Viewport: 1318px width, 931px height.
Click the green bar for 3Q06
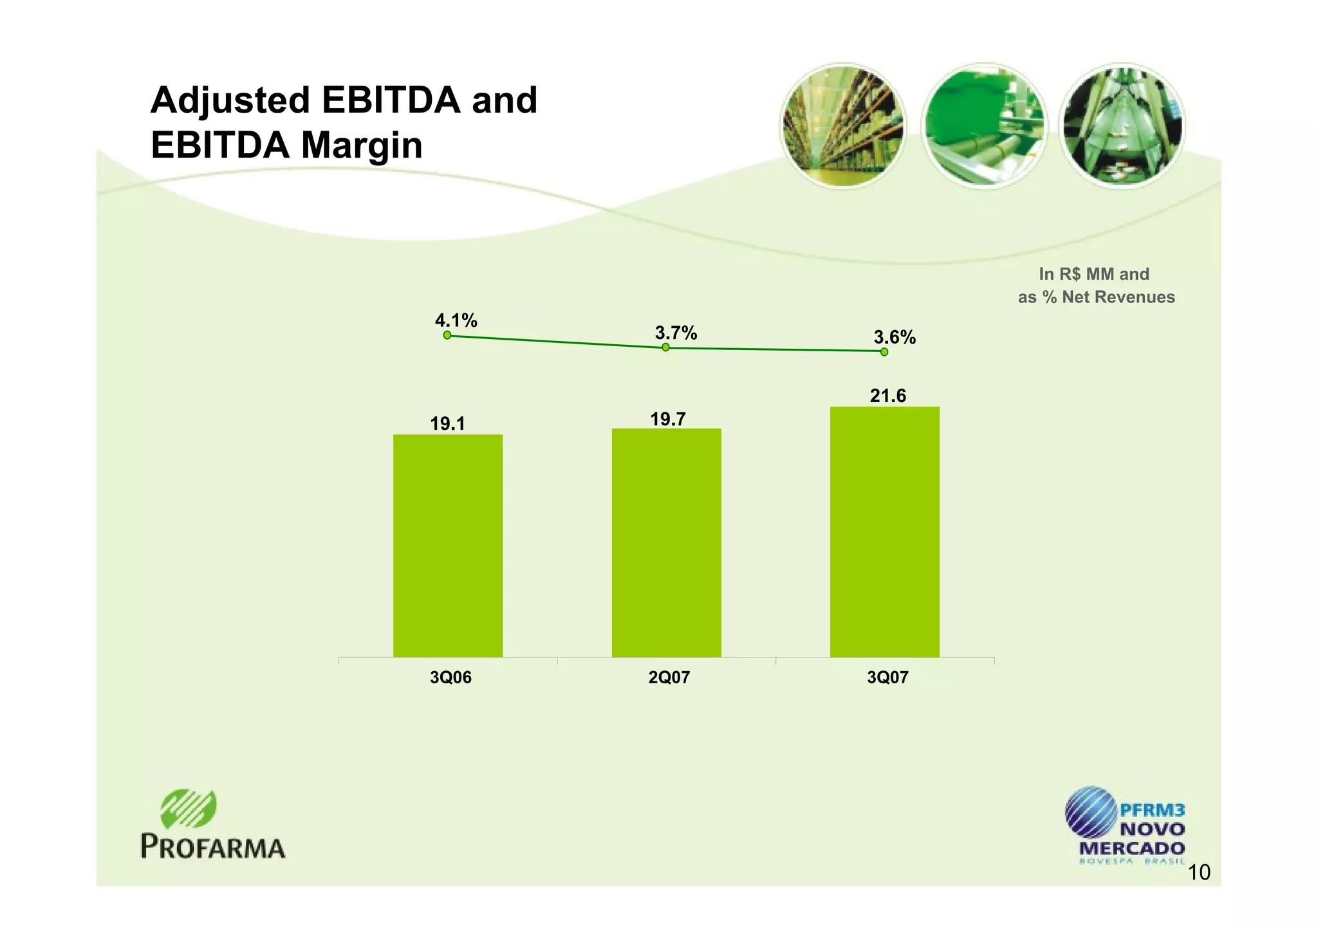[448, 546]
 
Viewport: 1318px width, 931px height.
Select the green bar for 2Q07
[666, 542]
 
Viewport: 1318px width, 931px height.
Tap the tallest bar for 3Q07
[884, 531]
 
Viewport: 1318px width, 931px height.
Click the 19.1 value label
[447, 424]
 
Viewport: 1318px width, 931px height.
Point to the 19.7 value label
[667, 419]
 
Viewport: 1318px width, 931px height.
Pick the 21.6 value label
[887, 396]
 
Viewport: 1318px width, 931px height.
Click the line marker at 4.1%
[447, 335]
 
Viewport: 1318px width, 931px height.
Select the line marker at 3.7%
[665, 347]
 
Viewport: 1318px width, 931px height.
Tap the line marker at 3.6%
[884, 352]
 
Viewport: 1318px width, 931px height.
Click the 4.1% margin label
[456, 320]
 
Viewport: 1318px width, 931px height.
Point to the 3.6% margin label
[894, 337]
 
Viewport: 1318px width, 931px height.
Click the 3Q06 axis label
[450, 678]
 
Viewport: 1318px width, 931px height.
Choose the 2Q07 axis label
[669, 678]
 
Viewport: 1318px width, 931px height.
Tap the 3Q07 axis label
[887, 678]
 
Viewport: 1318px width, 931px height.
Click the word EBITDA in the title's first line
[391, 101]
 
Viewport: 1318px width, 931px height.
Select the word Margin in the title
[362, 146]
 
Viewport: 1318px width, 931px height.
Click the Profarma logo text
[212, 847]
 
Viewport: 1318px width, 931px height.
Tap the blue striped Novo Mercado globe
[1090, 811]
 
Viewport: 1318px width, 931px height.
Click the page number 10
[1199, 873]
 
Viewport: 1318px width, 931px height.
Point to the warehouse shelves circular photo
[842, 126]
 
